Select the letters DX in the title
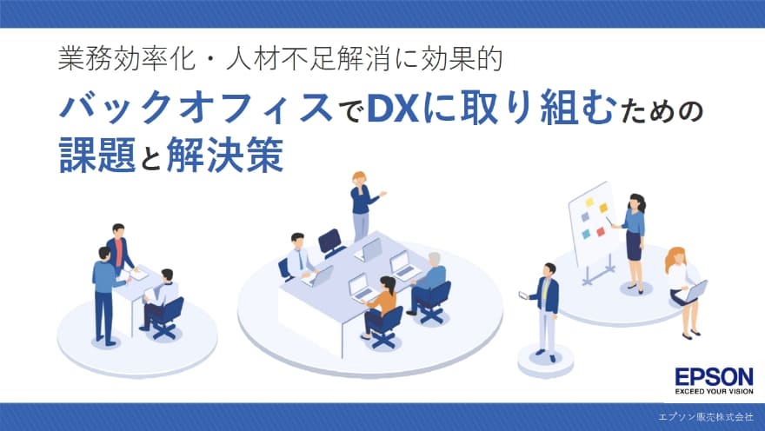(x=391, y=111)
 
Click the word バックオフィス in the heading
(x=196, y=111)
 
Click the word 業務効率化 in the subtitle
(x=110, y=59)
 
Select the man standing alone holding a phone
(x=546, y=308)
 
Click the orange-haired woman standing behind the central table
(x=362, y=205)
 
